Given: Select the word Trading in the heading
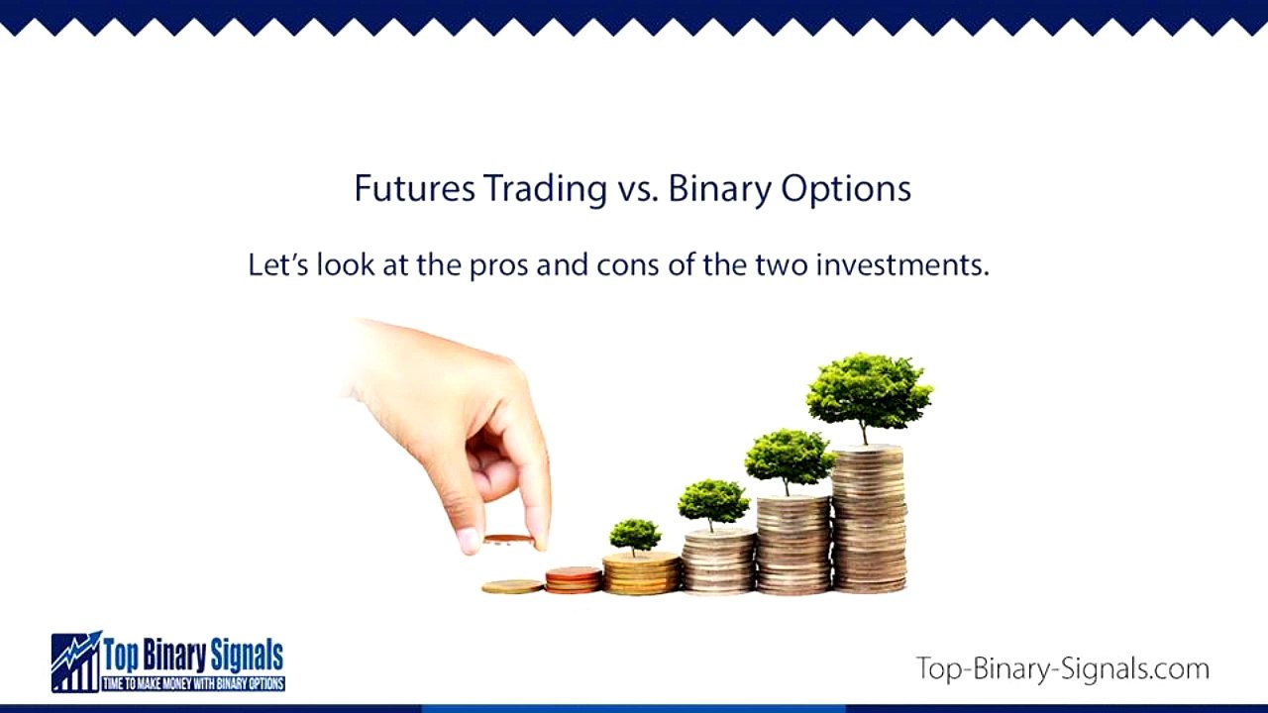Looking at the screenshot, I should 544,188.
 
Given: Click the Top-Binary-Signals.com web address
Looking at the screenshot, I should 1062,668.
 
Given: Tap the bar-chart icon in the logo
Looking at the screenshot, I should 76,662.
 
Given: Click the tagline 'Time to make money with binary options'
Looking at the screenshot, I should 194,683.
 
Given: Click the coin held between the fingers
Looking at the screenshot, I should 508,540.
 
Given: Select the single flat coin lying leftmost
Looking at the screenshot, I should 512,586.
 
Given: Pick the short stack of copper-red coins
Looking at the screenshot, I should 573,579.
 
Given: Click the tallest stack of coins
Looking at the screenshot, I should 869,520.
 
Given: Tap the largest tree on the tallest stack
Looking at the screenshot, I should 869,391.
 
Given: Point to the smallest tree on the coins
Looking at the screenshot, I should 635,535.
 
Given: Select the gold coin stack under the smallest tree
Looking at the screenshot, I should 642,574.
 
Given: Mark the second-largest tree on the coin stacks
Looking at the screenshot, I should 789,458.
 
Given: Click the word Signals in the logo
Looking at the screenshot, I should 247,655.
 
